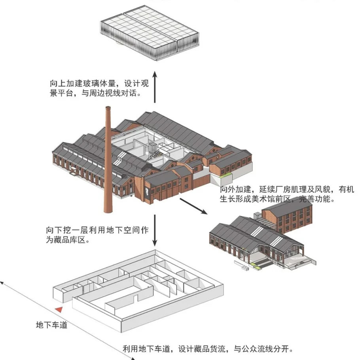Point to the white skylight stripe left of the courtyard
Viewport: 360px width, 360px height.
tap(118, 160)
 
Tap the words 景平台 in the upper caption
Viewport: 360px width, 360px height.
tap(58, 94)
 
